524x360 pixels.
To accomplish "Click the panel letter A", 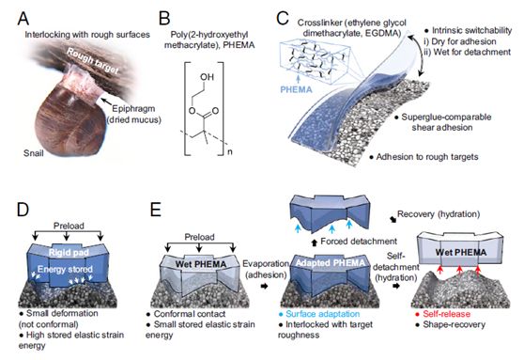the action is pyautogui.click(x=23, y=19).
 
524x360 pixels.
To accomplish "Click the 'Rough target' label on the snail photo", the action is pyautogui.click(x=92, y=61).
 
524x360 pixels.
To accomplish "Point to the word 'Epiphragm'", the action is pyautogui.click(x=133, y=109).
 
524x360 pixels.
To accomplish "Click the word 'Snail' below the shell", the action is pyautogui.click(x=34, y=153).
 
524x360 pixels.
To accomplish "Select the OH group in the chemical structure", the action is pyautogui.click(x=207, y=77).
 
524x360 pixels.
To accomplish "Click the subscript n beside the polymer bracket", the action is pyautogui.click(x=230, y=152).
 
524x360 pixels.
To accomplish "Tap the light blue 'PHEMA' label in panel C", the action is pyautogui.click(x=296, y=89).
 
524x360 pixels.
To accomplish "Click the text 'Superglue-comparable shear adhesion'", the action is pyautogui.click(x=442, y=122).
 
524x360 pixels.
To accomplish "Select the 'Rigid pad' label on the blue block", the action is pyautogui.click(x=69, y=252).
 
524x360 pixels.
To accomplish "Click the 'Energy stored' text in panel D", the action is pyautogui.click(x=65, y=270).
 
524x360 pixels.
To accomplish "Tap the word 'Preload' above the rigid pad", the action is pyautogui.click(x=69, y=226).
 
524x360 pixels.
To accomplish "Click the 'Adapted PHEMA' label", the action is pyautogui.click(x=331, y=263).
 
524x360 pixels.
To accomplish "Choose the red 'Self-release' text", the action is pyautogui.click(x=446, y=314).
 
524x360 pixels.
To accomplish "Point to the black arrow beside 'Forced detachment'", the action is pyautogui.click(x=315, y=243).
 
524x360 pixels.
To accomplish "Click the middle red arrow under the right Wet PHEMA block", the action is pyautogui.click(x=459, y=270).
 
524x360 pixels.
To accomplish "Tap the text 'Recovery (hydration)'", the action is pyautogui.click(x=439, y=214).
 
